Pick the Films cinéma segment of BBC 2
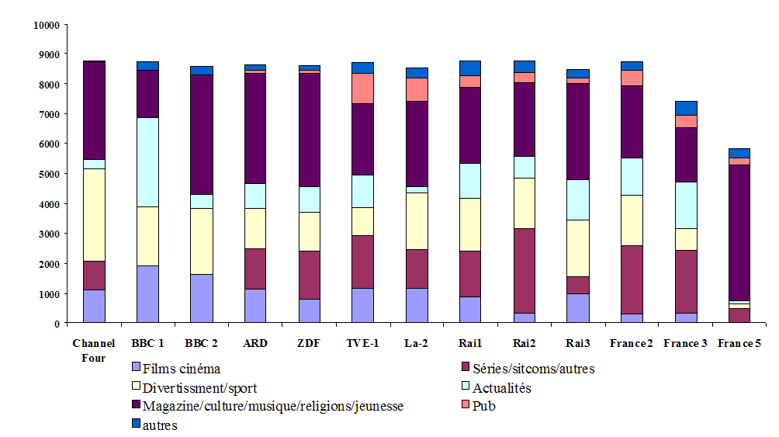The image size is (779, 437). [x=201, y=298]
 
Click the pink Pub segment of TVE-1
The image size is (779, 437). [x=362, y=88]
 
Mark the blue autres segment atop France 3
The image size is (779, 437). [x=686, y=108]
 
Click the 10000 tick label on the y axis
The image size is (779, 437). [x=47, y=25]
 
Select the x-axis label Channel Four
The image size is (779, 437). [x=94, y=350]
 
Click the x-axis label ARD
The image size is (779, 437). [x=254, y=344]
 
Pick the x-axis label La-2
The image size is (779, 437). [x=417, y=344]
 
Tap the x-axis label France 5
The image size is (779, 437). [x=739, y=344]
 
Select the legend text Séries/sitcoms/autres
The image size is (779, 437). [x=534, y=369]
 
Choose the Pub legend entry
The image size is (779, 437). [x=484, y=406]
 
